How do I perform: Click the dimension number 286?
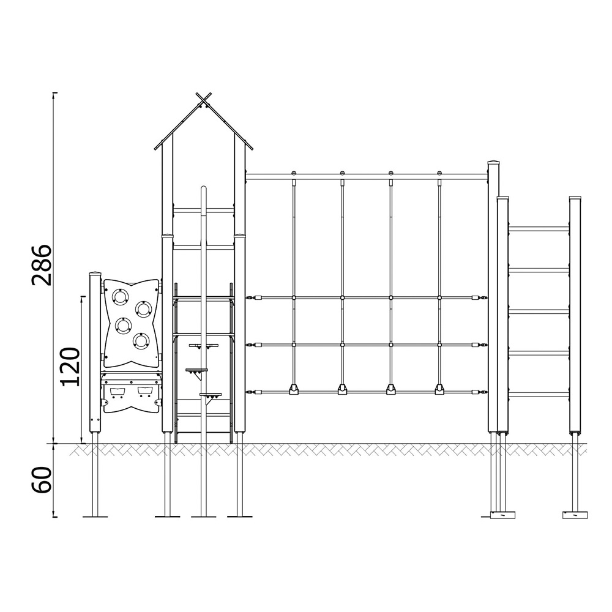point(42,266)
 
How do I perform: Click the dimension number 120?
point(71,366)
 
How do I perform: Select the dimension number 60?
point(42,480)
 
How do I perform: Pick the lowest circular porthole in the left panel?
point(141,341)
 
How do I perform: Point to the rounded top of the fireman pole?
point(203,190)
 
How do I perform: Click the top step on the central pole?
point(203,345)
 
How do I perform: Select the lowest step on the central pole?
point(211,395)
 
